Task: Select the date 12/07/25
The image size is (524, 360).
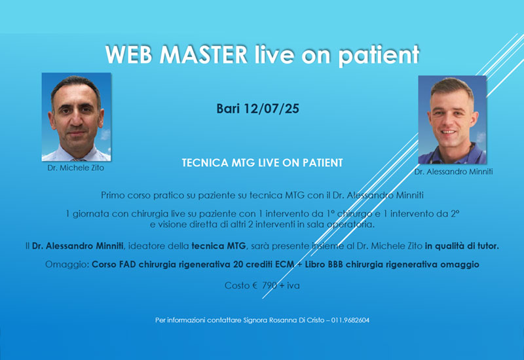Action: point(272,109)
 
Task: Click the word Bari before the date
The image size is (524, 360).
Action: point(229,109)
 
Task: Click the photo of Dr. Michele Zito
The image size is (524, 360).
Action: point(76,117)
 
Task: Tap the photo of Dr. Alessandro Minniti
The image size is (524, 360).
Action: point(452,120)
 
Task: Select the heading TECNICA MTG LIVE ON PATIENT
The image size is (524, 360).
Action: point(262,162)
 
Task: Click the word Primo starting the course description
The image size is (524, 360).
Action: point(113,195)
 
